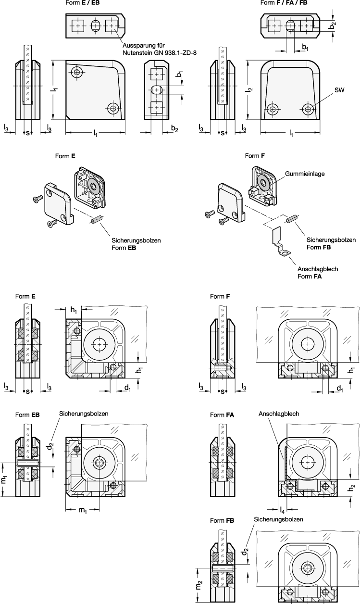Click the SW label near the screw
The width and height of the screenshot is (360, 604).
339,90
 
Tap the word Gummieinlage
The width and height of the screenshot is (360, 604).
305,174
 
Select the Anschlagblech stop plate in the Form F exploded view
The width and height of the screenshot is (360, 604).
280,241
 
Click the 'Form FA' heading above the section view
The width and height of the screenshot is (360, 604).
222,415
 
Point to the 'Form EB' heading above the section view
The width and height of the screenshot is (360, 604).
27,415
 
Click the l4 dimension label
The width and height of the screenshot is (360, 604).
283,510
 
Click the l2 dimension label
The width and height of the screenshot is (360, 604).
250,90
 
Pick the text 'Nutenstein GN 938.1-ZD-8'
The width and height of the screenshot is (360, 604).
160,53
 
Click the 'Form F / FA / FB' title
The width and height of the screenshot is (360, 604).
284,3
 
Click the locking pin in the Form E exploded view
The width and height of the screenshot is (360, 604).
97,219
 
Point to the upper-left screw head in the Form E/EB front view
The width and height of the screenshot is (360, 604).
77,72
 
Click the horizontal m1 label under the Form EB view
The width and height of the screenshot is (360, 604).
83,510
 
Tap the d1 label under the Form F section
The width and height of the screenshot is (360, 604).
339,389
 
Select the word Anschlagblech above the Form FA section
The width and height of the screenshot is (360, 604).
279,414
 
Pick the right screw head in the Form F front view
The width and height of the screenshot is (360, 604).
308,110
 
